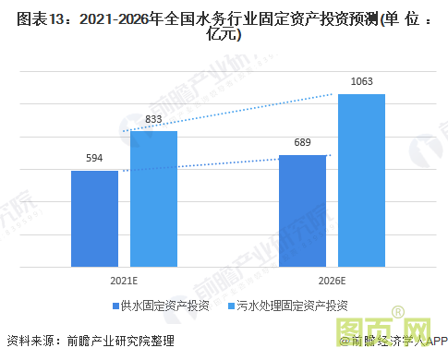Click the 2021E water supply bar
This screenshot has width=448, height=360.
(94, 219)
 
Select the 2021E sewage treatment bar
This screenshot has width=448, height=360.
(153, 198)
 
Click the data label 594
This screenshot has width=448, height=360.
(94, 159)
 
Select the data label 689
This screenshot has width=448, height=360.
(302, 143)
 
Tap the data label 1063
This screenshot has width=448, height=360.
(361, 82)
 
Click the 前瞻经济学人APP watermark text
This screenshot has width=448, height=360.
(393, 342)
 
